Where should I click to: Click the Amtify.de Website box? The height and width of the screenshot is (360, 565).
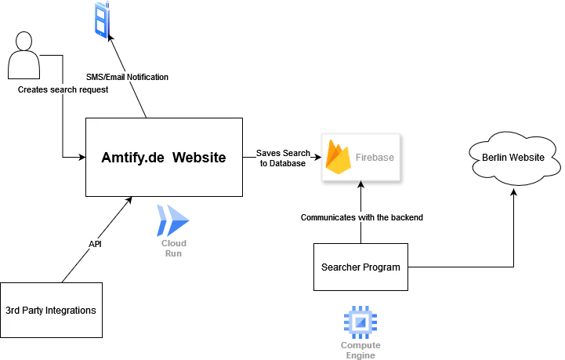164,158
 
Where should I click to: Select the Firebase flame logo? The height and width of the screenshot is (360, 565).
339,157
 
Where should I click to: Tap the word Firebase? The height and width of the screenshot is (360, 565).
375,157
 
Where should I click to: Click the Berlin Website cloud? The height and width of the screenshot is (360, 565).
512,158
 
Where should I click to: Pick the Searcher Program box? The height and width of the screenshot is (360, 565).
360,267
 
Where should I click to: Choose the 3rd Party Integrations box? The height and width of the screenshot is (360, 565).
51,310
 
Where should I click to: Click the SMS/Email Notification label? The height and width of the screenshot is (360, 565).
127,77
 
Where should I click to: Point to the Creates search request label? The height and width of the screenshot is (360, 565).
63,89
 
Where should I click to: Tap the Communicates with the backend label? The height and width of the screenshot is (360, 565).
363,216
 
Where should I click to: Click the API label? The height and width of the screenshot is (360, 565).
95,245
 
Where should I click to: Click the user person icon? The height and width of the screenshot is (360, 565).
24,57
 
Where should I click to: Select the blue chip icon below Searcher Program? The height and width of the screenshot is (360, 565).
360,322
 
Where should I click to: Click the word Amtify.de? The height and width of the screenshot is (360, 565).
132,158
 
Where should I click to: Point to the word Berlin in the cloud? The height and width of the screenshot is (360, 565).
495,158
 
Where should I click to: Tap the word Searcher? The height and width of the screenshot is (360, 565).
341,267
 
